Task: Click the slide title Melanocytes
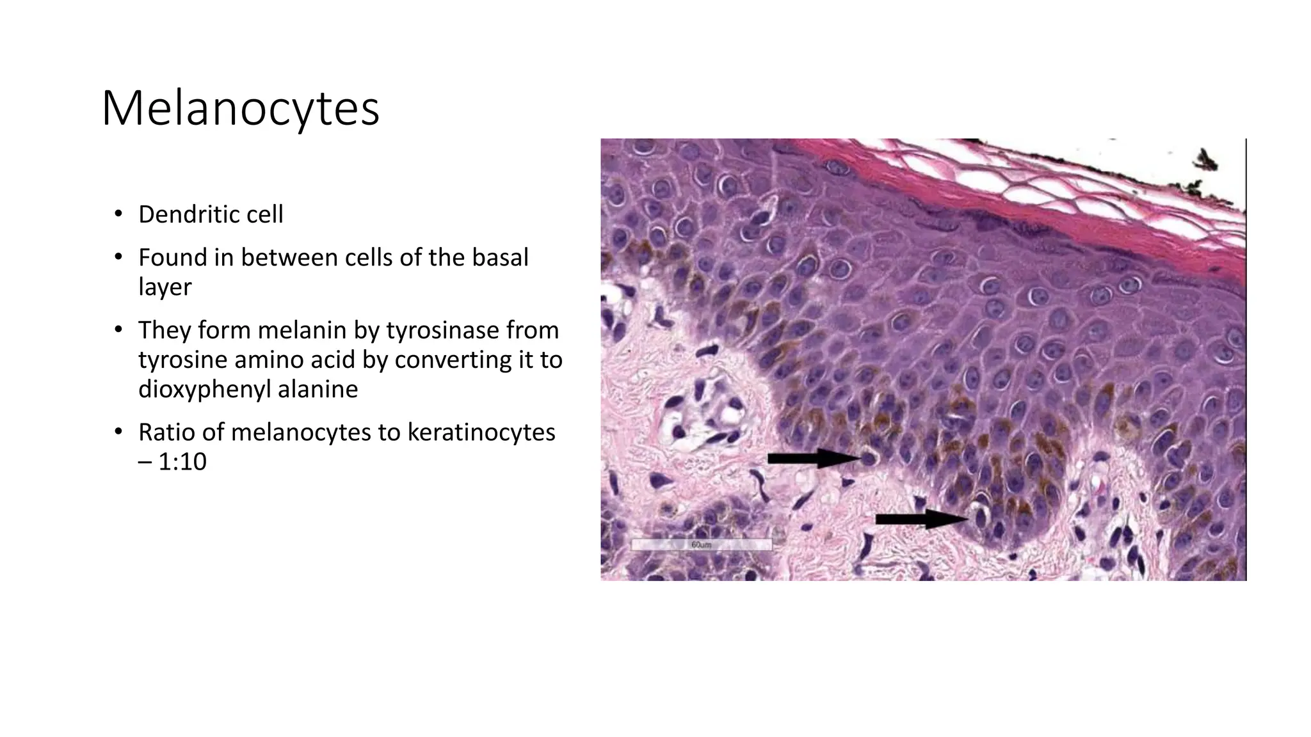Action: (240, 109)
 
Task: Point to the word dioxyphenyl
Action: (204, 389)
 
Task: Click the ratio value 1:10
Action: (182, 462)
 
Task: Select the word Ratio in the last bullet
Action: (166, 432)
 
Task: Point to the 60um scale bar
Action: (702, 544)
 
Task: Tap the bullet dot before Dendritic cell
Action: (118, 214)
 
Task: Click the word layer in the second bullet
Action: (165, 287)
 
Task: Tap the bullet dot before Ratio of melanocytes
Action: (118, 432)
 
